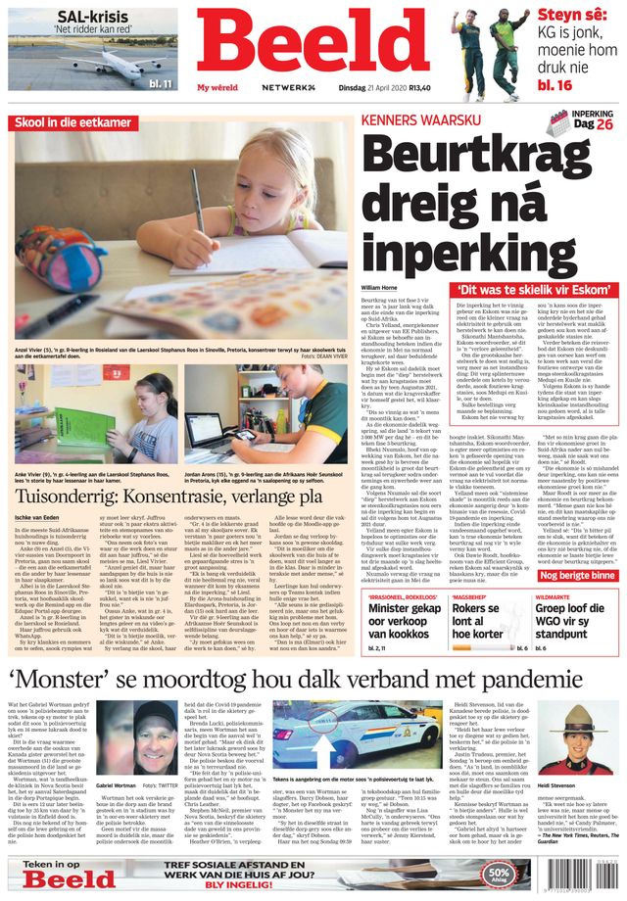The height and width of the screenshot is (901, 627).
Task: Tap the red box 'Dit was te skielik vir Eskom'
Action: [535, 290]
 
